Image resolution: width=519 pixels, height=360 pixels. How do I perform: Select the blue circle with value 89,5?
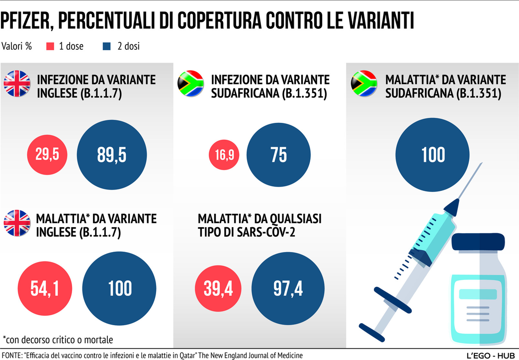pos(111,155)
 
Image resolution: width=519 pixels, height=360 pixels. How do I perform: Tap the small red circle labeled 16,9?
pos(224,155)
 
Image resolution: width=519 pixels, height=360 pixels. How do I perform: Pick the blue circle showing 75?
pos(279,155)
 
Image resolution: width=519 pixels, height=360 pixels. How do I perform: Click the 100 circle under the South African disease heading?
pos(432,155)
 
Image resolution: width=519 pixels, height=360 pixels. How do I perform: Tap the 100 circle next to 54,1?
pos(120,288)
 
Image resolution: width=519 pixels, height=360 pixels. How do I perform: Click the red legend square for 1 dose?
pos(50,47)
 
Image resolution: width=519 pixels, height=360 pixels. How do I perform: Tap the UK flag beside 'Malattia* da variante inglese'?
pos(17,223)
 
